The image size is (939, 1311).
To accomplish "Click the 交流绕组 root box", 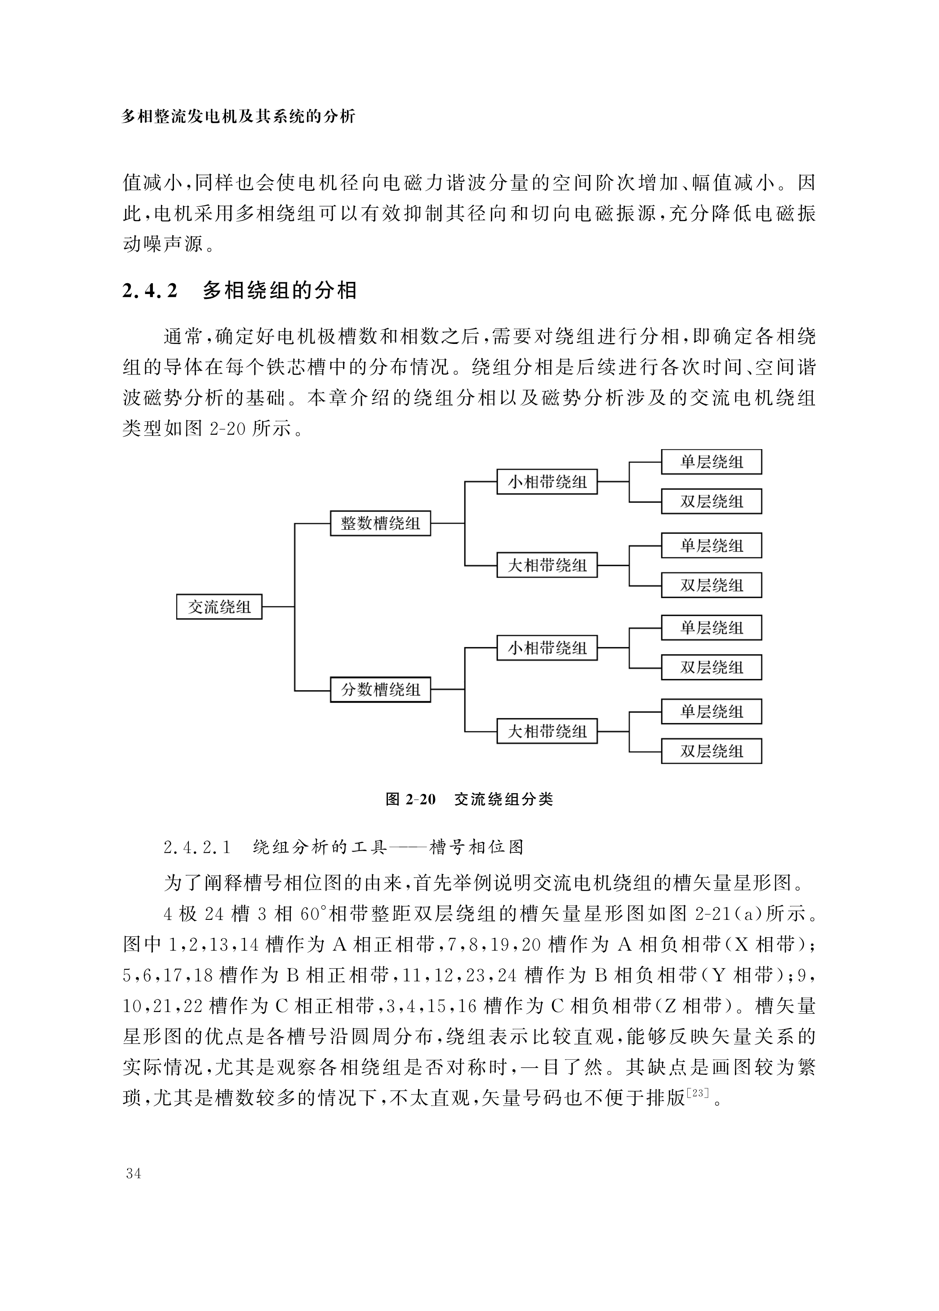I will point(219,606).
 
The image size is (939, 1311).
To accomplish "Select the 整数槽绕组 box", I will point(380,523).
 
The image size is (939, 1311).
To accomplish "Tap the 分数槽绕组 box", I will point(380,690).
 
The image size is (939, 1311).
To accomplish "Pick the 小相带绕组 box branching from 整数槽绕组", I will point(547,482).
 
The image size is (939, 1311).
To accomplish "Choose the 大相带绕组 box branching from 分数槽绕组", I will point(547,731).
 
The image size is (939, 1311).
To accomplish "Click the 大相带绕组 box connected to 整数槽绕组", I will point(547,565).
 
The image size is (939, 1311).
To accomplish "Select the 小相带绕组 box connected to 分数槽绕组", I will point(547,648).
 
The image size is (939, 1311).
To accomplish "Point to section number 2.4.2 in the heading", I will point(150,290).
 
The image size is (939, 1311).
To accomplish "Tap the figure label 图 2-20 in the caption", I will point(410,799).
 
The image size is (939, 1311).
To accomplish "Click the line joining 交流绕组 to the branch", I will point(278,606).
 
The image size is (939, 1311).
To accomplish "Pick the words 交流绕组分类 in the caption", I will point(503,799).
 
